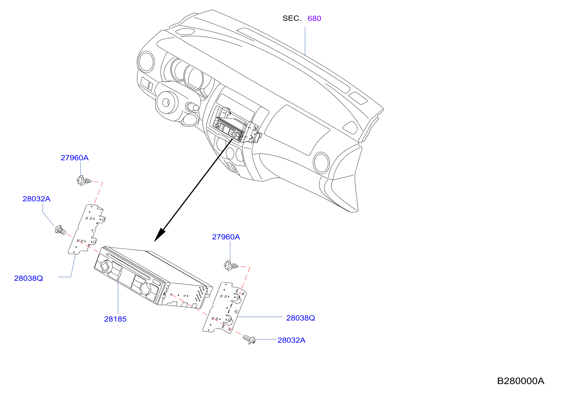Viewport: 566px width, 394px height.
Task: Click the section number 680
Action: [x=314, y=18]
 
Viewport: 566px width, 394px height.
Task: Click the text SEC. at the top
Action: [x=292, y=18]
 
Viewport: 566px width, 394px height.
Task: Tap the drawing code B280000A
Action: [x=520, y=381]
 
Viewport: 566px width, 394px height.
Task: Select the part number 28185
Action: [x=115, y=319]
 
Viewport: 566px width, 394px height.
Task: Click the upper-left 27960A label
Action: [x=75, y=158]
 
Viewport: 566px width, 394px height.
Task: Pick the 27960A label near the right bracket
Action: [x=226, y=237]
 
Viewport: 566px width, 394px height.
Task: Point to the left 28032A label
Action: [x=36, y=199]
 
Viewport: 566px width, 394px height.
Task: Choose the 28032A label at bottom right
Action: [x=291, y=340]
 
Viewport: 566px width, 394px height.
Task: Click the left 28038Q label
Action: [x=28, y=278]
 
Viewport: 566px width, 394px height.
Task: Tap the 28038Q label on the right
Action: [x=301, y=318]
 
